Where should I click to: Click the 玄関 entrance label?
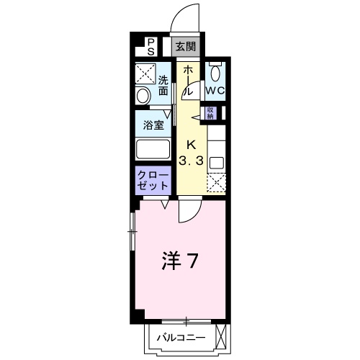coord(186,47)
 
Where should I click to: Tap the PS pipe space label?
coord(150,47)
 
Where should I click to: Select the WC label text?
coord(215,91)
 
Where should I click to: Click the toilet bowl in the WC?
coord(215,73)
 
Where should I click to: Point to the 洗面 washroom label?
coord(163,86)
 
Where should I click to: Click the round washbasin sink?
coord(143,96)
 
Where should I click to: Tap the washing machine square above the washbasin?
coord(145,73)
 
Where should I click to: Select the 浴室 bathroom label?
coord(153,125)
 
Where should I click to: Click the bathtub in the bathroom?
coord(153,149)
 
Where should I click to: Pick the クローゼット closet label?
coord(153,180)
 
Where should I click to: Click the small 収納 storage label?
coord(210,113)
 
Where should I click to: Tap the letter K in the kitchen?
coord(191,145)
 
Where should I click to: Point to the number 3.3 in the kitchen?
coord(192,161)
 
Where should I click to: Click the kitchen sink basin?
coord(217,163)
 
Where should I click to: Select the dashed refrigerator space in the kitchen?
coord(217,183)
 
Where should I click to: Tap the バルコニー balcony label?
coord(181,338)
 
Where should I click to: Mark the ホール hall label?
coord(189,81)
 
